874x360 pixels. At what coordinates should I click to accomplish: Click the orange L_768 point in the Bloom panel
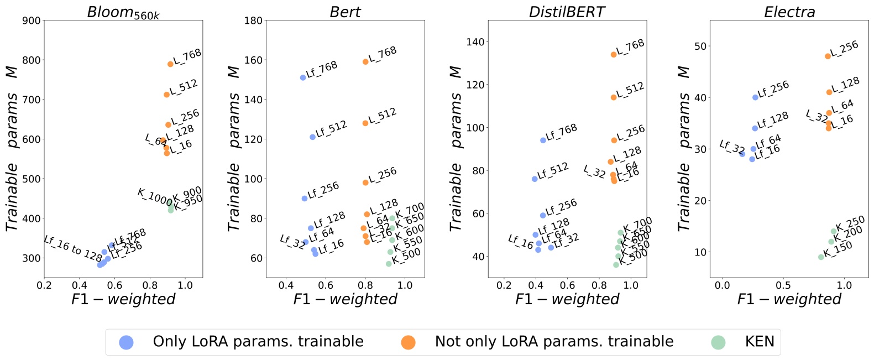170,64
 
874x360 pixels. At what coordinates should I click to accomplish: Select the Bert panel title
345,12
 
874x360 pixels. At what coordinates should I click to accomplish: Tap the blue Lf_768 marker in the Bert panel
303,77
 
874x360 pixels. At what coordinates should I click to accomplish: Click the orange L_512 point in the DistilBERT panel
614,97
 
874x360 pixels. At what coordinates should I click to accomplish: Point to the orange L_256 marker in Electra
828,56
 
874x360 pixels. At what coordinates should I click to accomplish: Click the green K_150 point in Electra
821,257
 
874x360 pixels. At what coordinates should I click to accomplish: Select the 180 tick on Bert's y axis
254,21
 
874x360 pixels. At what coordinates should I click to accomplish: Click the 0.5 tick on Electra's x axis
783,285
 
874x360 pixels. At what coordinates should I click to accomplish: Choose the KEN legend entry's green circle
718,342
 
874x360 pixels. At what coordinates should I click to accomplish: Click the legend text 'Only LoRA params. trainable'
258,342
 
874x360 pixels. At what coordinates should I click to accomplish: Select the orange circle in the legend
408,342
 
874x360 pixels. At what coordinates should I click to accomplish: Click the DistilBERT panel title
567,12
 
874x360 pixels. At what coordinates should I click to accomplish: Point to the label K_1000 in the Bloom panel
154,196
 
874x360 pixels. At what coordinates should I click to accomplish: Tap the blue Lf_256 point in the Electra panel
755,97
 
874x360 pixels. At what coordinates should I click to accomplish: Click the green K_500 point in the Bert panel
389,264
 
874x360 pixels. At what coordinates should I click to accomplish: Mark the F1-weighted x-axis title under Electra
789,299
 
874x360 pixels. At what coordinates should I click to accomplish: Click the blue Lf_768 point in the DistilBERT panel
543,140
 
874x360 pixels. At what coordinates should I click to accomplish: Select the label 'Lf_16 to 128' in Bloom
73,248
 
